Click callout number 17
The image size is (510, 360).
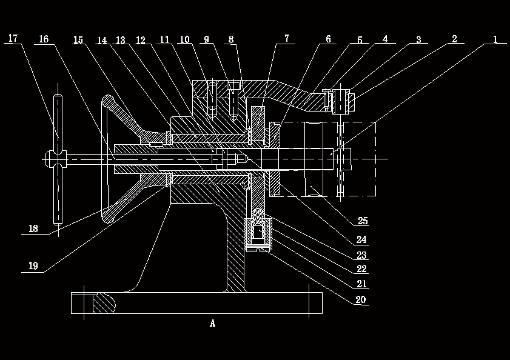click(13, 39)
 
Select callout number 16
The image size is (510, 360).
click(44, 39)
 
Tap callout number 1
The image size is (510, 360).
click(495, 39)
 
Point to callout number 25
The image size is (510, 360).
click(363, 221)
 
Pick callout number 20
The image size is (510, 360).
click(360, 300)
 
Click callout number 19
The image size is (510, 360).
click(33, 266)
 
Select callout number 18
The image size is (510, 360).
click(33, 229)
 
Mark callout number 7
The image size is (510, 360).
click(286, 39)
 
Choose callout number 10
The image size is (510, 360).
click(184, 40)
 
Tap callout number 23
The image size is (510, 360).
click(362, 255)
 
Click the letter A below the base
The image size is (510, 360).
click(213, 324)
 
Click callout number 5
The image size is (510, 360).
click(360, 40)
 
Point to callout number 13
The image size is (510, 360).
click(120, 41)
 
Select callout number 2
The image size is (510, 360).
click(454, 39)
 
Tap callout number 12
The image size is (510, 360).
click(141, 41)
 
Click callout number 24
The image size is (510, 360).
click(362, 239)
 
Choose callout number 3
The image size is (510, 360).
click(418, 40)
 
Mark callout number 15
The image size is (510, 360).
click(78, 40)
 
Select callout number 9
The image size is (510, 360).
click(206, 40)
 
